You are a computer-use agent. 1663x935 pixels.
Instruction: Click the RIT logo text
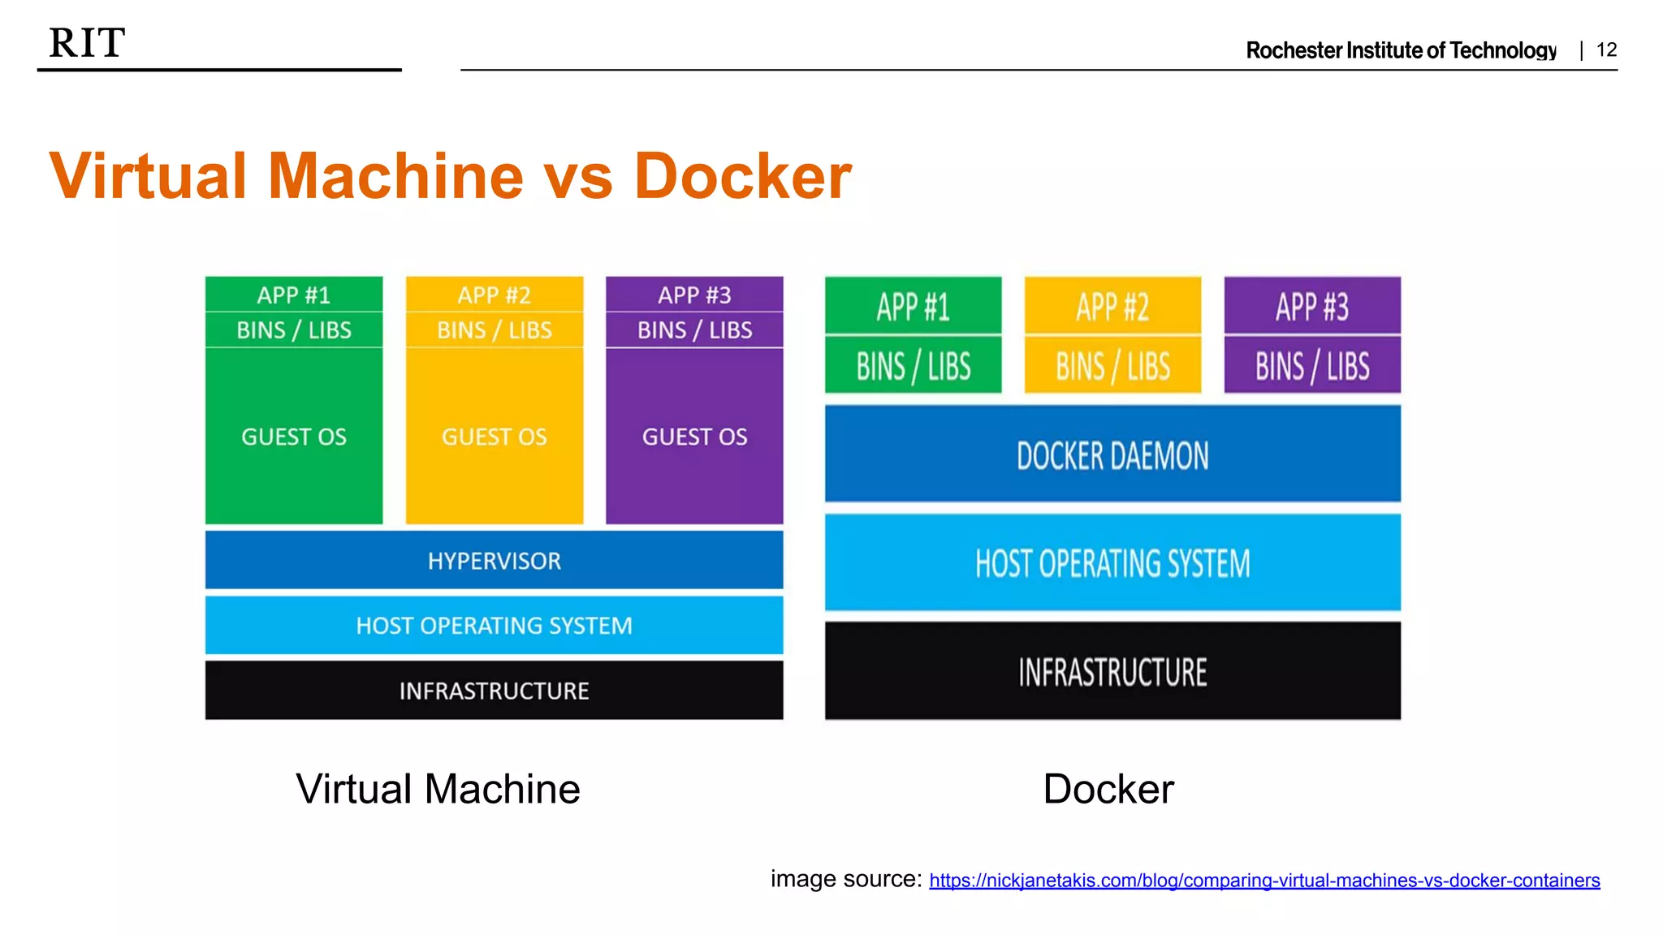[87, 43]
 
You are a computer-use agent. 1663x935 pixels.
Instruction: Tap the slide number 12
[1606, 50]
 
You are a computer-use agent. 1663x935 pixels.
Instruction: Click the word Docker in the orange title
[742, 176]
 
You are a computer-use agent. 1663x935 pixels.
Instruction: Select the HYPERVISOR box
[494, 561]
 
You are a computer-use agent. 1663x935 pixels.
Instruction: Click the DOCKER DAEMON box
[1112, 455]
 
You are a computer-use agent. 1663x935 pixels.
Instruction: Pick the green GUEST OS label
[294, 437]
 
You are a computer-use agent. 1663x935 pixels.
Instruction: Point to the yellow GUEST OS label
[494, 437]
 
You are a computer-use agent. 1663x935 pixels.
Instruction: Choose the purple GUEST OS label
[694, 437]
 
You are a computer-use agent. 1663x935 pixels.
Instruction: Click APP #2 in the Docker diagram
[1112, 307]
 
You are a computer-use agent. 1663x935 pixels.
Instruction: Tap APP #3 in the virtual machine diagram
[694, 295]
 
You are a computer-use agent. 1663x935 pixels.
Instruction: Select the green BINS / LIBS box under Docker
[913, 366]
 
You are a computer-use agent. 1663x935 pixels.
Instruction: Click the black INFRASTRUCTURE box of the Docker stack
[1112, 672]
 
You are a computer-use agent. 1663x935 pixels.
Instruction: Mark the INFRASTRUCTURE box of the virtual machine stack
[494, 691]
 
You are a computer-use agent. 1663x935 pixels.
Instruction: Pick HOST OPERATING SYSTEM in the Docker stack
[1112, 563]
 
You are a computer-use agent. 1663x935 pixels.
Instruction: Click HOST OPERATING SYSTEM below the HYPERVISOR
[494, 626]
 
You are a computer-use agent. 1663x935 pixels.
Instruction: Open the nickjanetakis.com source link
[1264, 881]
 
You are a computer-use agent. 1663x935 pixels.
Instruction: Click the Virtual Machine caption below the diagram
[438, 789]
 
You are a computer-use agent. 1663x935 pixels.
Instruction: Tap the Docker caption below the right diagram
[1108, 789]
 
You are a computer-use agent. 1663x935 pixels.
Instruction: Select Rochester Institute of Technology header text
[1401, 50]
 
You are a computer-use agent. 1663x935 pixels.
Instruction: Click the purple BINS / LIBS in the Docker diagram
[1312, 366]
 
